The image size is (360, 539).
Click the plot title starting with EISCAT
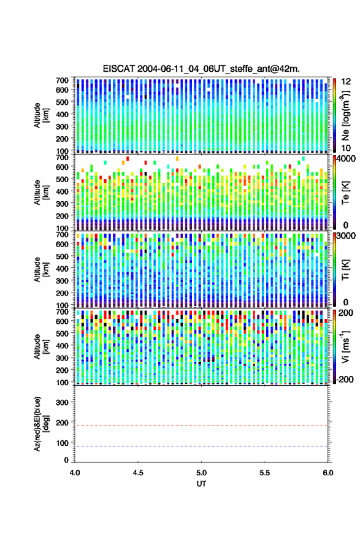[x=201, y=69]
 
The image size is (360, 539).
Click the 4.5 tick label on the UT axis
[x=138, y=473]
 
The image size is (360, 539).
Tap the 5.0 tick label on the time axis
[x=201, y=473]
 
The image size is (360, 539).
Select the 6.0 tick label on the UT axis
[x=327, y=473]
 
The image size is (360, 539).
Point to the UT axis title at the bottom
[x=201, y=484]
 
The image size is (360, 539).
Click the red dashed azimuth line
[x=201, y=426]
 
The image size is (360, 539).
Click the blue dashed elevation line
[x=201, y=446]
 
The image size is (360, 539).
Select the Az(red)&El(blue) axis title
[x=41, y=424]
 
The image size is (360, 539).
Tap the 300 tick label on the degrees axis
[x=62, y=402]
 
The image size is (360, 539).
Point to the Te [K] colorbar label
[x=345, y=193]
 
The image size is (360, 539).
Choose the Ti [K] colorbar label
[x=345, y=270]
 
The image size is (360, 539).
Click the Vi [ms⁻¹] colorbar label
[x=345, y=346]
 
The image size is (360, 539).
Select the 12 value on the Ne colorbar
[x=346, y=82]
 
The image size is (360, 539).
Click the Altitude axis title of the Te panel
[x=41, y=193]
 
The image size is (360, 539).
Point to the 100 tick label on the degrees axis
[x=62, y=443]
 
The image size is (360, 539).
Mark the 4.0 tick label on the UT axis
[x=75, y=473]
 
